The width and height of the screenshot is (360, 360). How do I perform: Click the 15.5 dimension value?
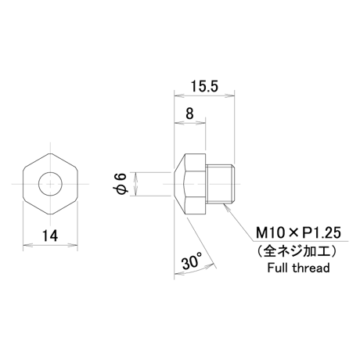(204, 86)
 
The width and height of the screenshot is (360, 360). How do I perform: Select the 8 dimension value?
(189, 113)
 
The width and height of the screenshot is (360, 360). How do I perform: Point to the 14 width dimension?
(50, 236)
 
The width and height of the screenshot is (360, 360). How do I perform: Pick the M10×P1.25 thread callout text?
(298, 232)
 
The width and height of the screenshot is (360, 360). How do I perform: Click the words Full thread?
(298, 268)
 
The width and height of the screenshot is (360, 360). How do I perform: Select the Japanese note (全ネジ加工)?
(298, 251)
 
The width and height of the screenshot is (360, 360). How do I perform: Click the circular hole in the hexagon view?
(50, 184)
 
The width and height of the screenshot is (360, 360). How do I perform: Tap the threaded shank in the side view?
(221, 184)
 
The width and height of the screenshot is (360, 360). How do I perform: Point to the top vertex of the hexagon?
(51, 153)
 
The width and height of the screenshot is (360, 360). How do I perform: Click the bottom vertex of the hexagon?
(51, 214)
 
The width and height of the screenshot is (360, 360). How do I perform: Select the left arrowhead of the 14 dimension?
(28, 245)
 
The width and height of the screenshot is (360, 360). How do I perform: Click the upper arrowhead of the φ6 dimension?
(135, 176)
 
